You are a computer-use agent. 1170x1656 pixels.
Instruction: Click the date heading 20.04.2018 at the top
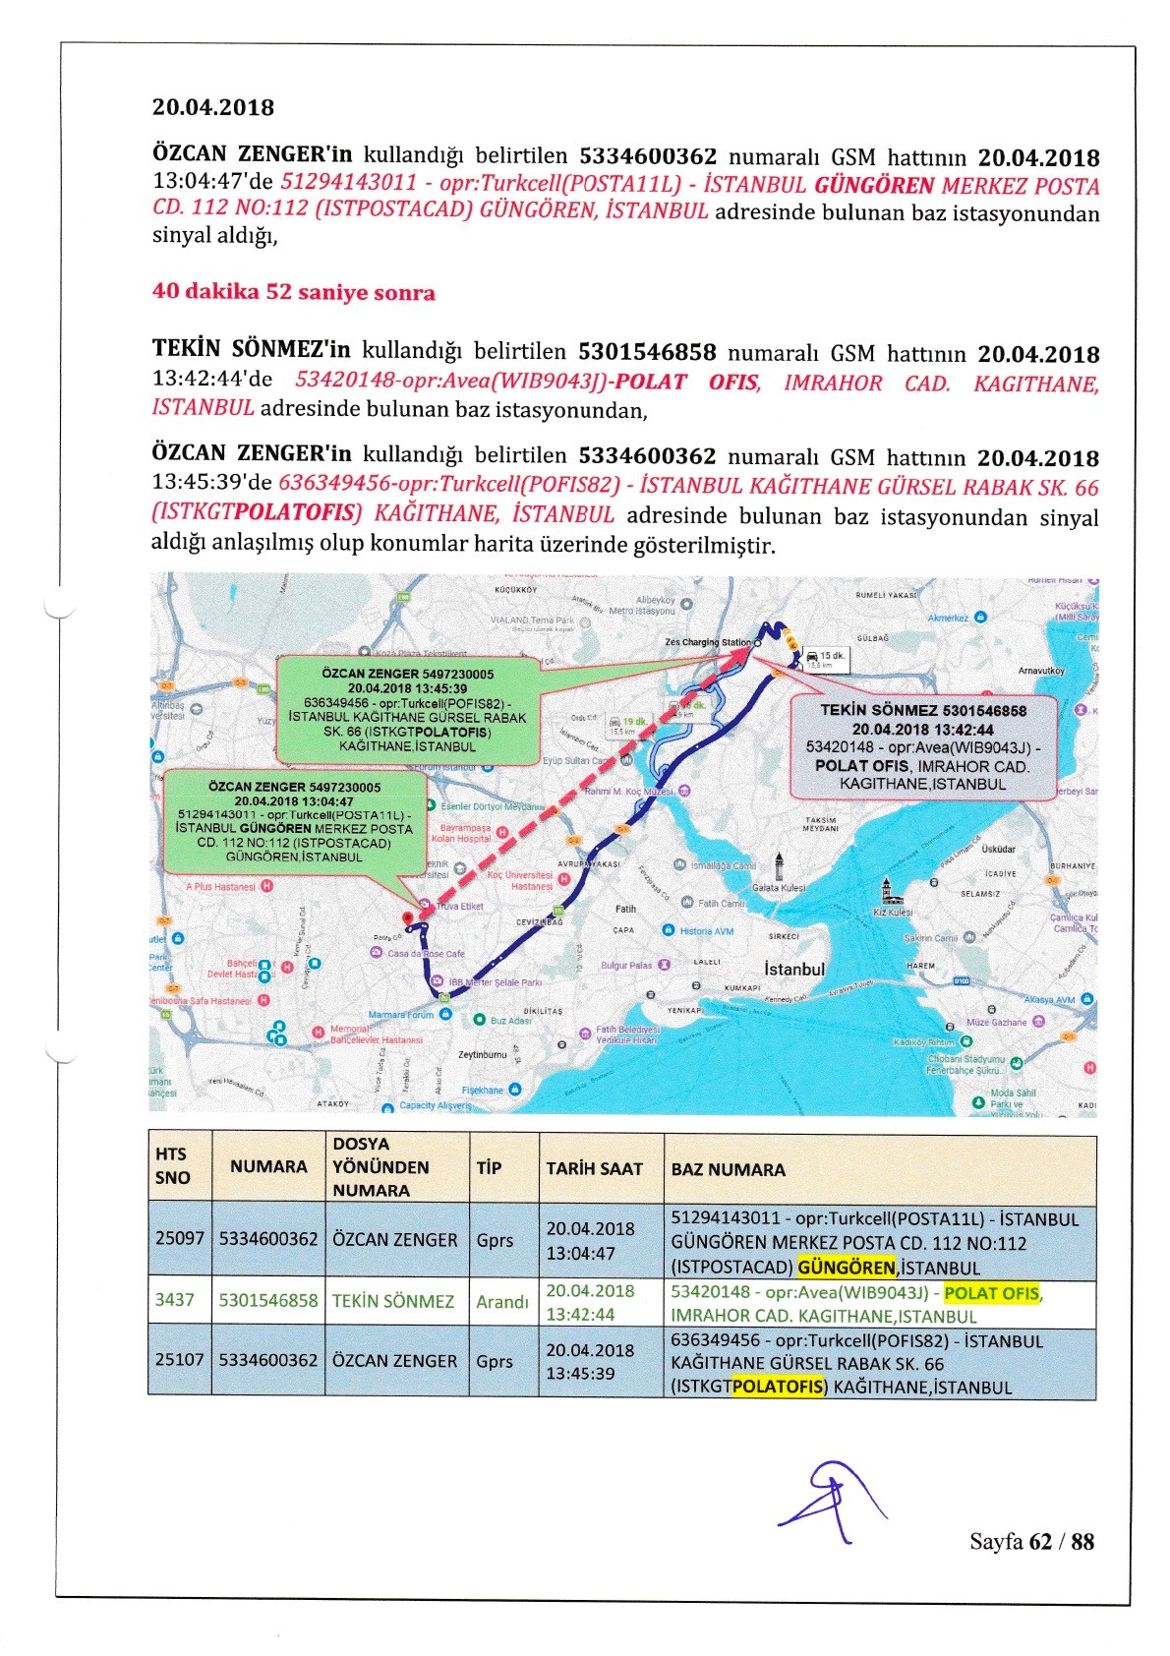(212, 107)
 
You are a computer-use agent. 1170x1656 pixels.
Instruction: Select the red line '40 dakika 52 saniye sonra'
(293, 292)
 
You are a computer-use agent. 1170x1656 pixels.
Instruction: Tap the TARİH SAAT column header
(594, 1168)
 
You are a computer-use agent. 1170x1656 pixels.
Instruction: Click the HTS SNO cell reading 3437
(174, 1300)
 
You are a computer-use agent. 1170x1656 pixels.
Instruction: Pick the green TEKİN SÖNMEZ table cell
(393, 1301)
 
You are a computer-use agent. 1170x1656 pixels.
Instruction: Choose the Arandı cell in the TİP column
(501, 1301)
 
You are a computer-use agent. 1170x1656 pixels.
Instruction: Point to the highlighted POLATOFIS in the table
(778, 1387)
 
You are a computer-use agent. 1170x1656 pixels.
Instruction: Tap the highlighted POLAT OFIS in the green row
(990, 1293)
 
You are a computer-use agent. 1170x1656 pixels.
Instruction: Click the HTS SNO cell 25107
(179, 1360)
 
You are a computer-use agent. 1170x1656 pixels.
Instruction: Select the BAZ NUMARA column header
(728, 1169)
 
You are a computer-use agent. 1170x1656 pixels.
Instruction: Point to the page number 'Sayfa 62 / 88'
(1031, 1541)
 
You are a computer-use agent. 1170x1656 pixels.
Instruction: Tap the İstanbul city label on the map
(794, 969)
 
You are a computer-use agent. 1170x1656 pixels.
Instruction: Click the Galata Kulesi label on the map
(778, 887)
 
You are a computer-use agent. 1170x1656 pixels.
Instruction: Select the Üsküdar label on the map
(998, 849)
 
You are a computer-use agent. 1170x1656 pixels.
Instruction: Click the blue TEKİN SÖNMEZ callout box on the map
(922, 746)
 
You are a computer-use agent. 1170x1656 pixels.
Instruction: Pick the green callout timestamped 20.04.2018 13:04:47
(294, 822)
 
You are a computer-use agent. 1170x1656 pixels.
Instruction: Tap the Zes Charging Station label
(707, 642)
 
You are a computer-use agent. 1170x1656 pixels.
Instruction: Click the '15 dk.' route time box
(826, 658)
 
